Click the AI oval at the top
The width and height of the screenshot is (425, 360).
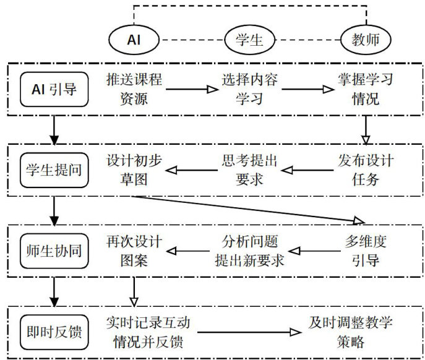pyautogui.click(x=134, y=40)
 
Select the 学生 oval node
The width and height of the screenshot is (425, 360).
pyautogui.click(x=250, y=41)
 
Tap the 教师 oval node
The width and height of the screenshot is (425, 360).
pyautogui.click(x=367, y=41)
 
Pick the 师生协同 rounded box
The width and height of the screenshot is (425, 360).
pyautogui.click(x=54, y=252)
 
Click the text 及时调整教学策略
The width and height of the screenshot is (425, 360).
pyautogui.click(x=351, y=332)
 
